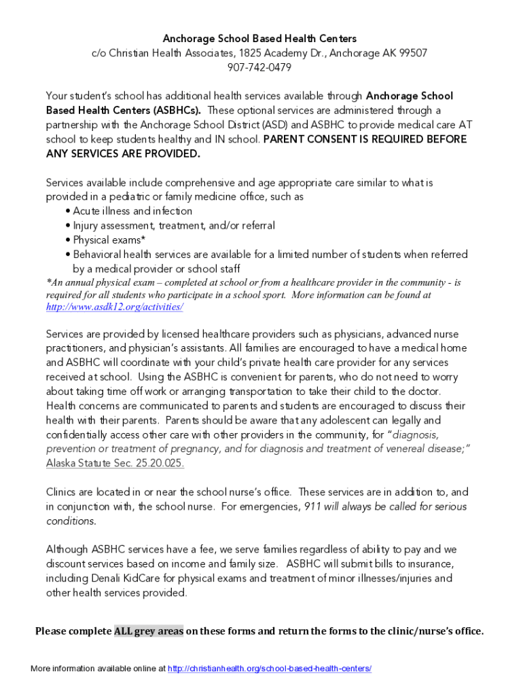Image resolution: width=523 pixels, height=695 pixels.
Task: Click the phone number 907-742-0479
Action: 260,67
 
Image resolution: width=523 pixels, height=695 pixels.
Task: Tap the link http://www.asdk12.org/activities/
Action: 114,307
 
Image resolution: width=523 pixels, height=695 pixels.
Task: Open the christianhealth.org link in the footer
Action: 269,669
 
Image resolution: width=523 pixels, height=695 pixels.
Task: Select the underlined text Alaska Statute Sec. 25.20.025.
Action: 115,463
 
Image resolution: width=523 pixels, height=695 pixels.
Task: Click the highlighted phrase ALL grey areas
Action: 149,631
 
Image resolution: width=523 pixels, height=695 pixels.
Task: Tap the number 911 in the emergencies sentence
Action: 312,506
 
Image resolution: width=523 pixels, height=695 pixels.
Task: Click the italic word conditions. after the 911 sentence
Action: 71,521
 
